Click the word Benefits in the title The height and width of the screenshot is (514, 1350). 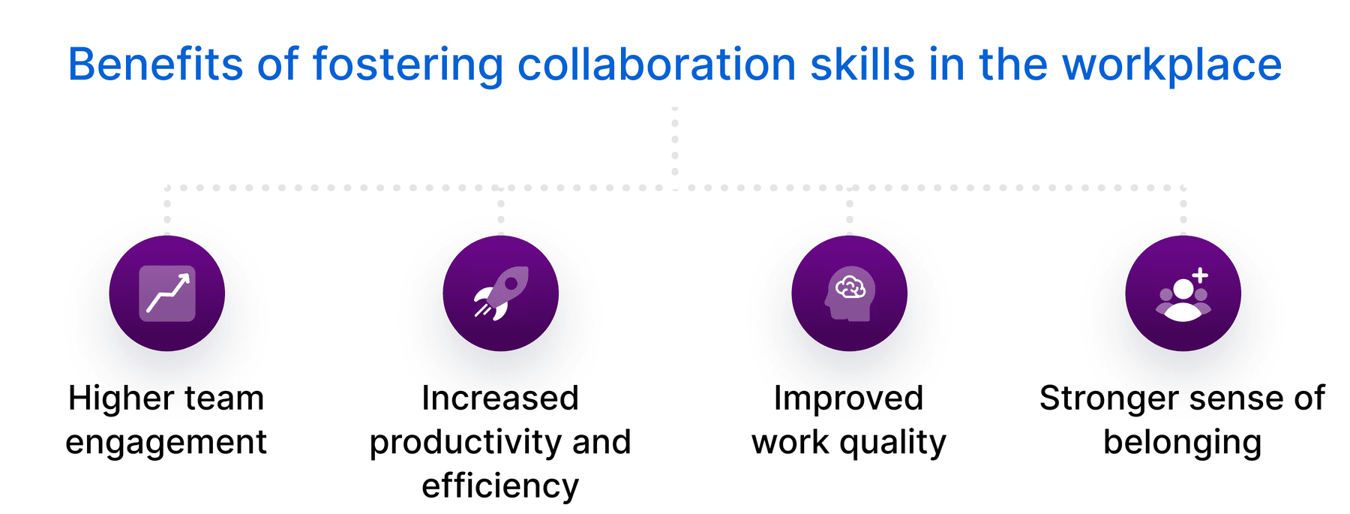click(155, 65)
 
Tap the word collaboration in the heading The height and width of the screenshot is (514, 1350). click(657, 65)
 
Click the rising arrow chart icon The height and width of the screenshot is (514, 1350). click(167, 293)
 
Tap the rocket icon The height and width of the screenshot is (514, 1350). click(501, 293)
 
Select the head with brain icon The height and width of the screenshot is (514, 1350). click(850, 293)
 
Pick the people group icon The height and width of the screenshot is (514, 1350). click(1183, 299)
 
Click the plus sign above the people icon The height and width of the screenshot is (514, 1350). click(1201, 275)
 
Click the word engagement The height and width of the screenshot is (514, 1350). click(166, 443)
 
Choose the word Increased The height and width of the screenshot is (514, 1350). click(500, 398)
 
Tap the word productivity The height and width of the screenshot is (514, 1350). click(464, 443)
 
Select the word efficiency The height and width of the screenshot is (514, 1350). click(500, 487)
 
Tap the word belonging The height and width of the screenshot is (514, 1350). click(1183, 443)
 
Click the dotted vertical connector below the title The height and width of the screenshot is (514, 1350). click(675, 148)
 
